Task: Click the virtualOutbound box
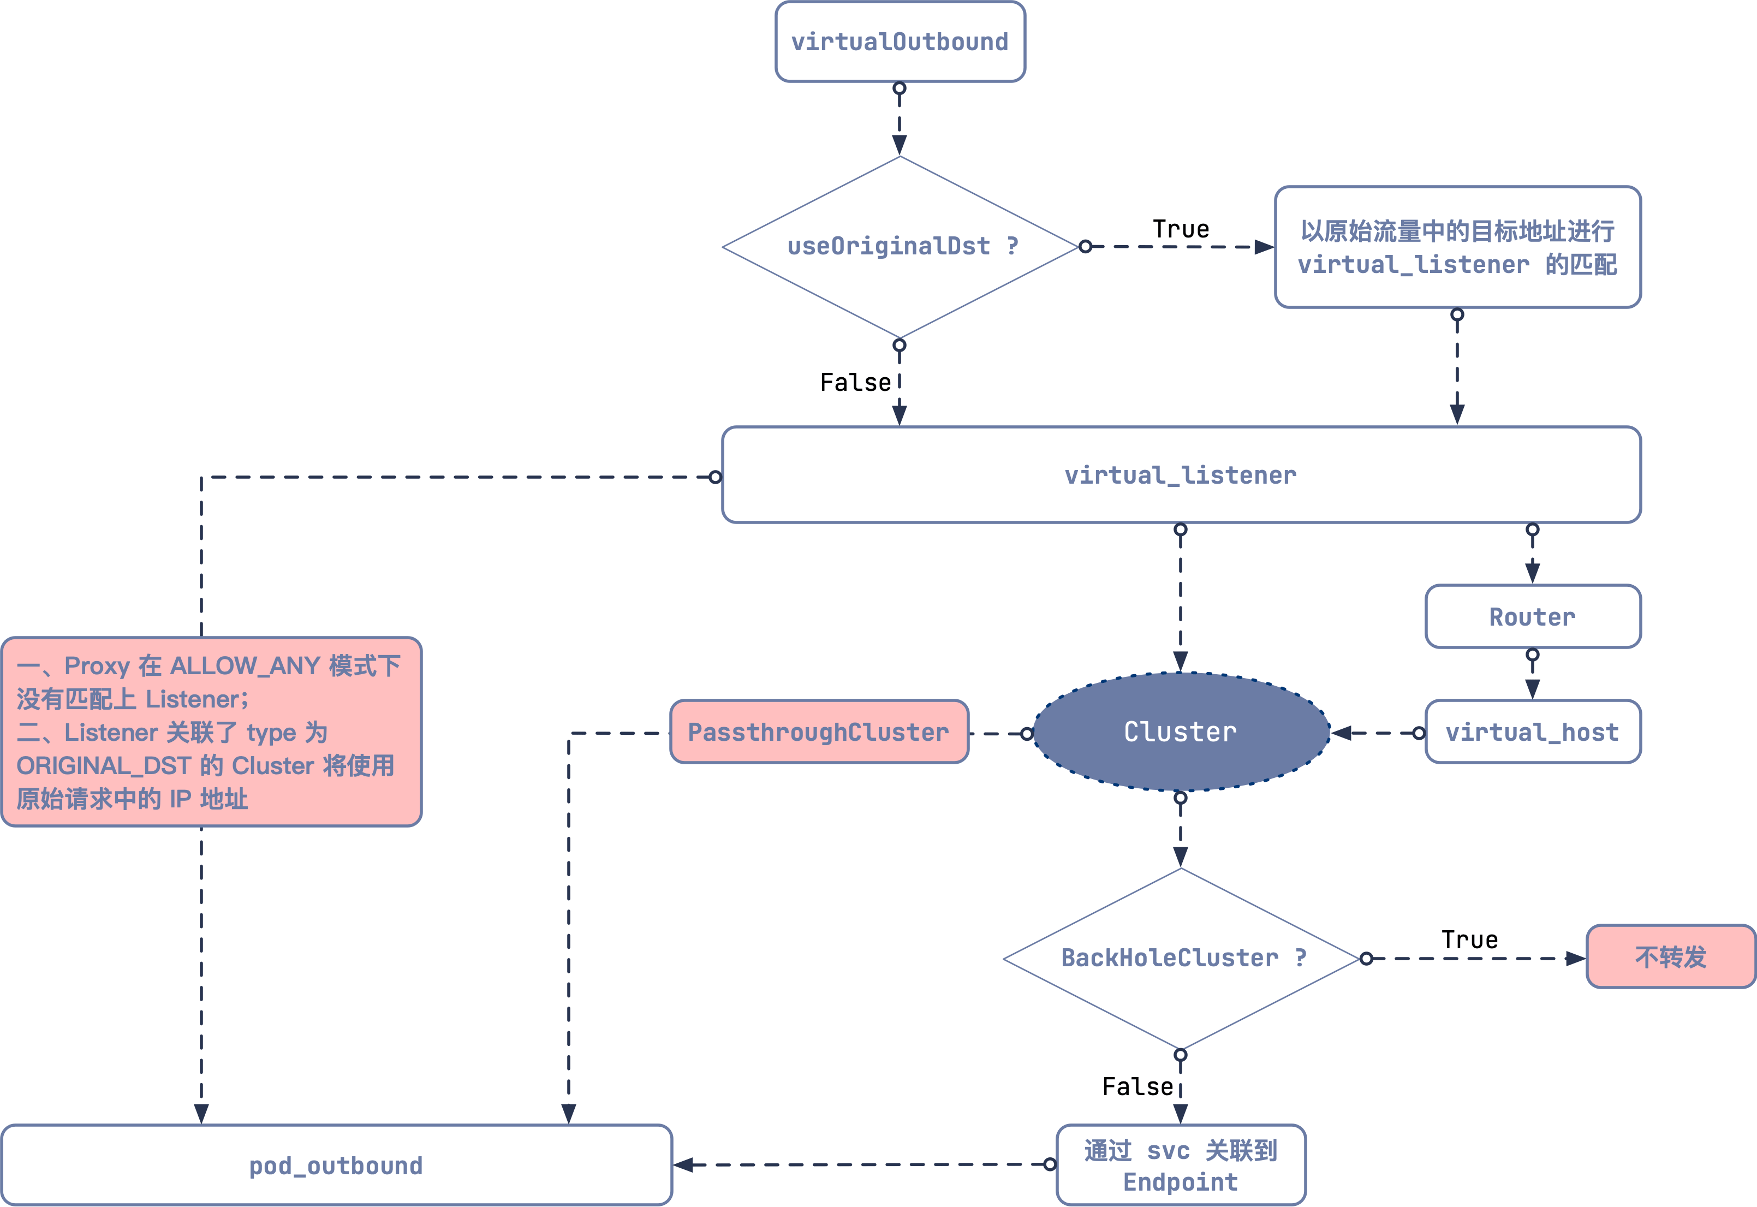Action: coord(900,41)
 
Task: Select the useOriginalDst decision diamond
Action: coord(900,247)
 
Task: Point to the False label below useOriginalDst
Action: coord(855,382)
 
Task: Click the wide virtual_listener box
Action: coord(1181,475)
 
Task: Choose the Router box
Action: coord(1533,616)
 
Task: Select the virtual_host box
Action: coord(1533,732)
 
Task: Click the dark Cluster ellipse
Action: coord(1181,732)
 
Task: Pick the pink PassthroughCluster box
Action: coord(819,732)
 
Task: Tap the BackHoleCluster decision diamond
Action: coord(1181,958)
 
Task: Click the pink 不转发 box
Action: coord(1671,956)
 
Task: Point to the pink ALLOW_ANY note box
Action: coord(211,732)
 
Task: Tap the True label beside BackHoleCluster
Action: coord(1469,940)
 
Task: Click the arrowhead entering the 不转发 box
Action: coord(1576,958)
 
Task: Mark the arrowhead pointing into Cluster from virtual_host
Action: coord(1341,733)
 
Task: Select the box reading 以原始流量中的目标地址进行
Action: coord(1457,247)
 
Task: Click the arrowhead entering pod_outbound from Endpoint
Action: coord(683,1164)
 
